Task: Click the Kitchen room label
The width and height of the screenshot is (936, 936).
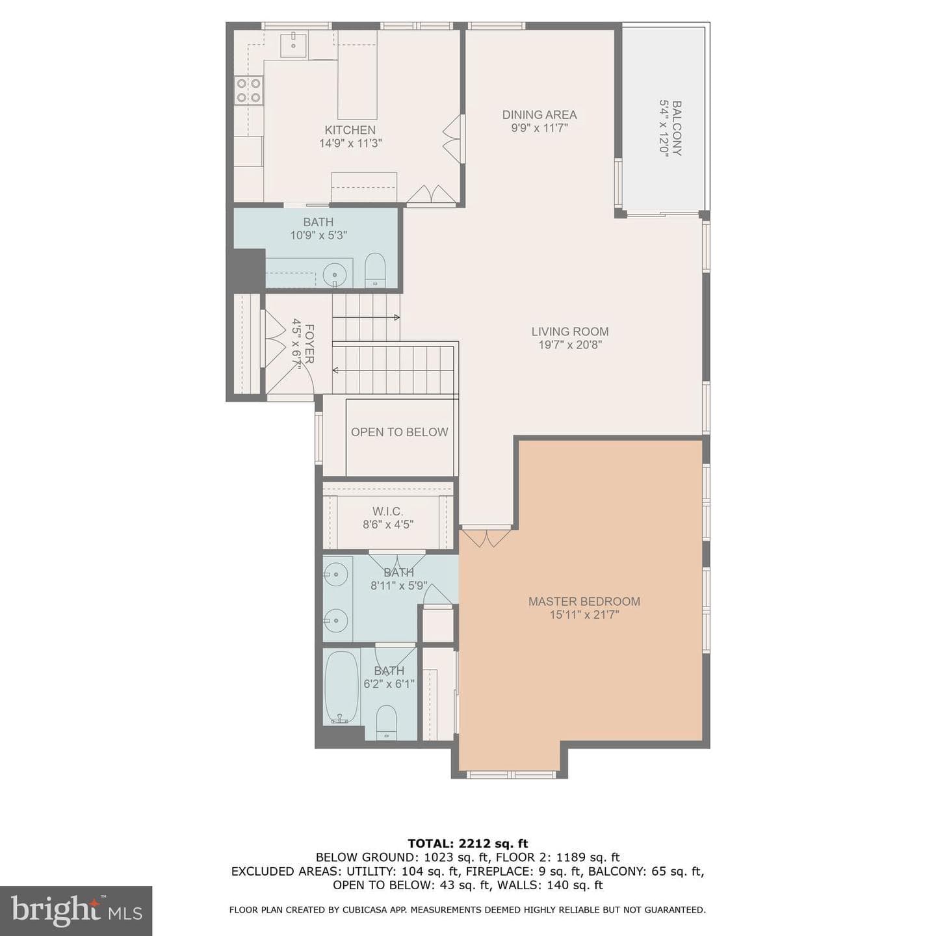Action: click(350, 130)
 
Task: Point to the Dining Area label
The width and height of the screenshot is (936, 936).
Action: click(539, 114)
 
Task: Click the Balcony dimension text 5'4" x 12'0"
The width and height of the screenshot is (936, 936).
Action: click(664, 128)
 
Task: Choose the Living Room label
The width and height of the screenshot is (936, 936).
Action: click(570, 331)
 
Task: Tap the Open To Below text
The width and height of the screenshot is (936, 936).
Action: click(399, 432)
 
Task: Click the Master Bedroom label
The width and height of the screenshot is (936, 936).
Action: click(584, 601)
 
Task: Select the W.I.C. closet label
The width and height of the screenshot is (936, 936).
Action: click(387, 511)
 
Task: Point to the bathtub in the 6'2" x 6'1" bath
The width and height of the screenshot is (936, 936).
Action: click(341, 687)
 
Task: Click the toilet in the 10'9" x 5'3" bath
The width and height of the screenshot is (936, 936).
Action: click(374, 270)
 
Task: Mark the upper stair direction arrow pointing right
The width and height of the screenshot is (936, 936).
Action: click(366, 318)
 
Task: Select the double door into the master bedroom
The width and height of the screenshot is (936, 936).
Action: click(486, 536)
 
